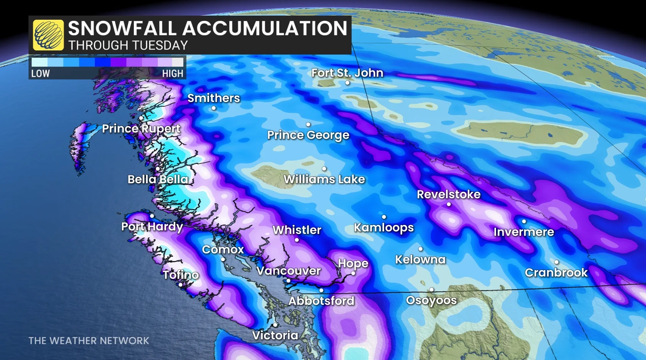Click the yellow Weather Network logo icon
pyautogui.click(x=48, y=35)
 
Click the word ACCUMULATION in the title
pyautogui.click(x=265, y=28)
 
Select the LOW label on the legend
pyautogui.click(x=40, y=73)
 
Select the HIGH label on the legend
pyautogui.click(x=173, y=73)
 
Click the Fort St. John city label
pyautogui.click(x=347, y=73)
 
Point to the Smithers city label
pyautogui.click(x=213, y=98)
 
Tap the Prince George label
pyautogui.click(x=308, y=135)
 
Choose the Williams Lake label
pyautogui.click(x=324, y=179)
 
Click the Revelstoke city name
pyautogui.click(x=449, y=194)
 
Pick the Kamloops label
pyautogui.click(x=384, y=228)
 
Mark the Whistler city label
pyautogui.click(x=297, y=230)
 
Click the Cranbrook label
pyautogui.click(x=556, y=273)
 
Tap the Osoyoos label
pyautogui.click(x=431, y=300)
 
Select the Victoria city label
pyautogui.click(x=275, y=335)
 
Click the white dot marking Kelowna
pyautogui.click(x=420, y=249)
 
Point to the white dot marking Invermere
pyautogui.click(x=524, y=222)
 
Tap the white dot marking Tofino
pyautogui.click(x=180, y=285)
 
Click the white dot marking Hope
pyautogui.click(x=353, y=273)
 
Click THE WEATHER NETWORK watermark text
pyautogui.click(x=88, y=341)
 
